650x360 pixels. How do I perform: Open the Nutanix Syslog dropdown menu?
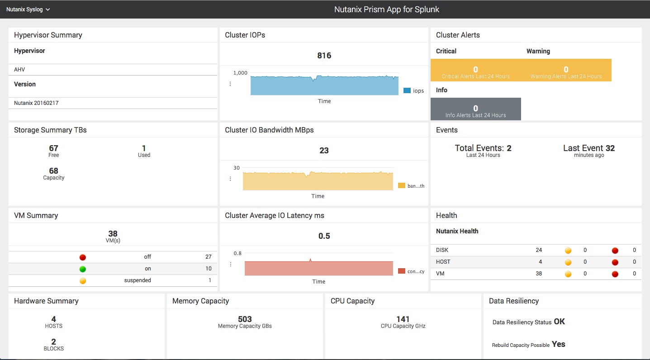(x=28, y=9)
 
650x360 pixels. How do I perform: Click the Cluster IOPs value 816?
(x=324, y=56)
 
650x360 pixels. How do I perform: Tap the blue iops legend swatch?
(x=407, y=90)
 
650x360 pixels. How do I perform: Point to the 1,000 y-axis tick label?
(x=240, y=73)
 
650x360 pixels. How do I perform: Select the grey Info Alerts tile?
(x=475, y=109)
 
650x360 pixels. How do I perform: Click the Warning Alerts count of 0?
(x=566, y=69)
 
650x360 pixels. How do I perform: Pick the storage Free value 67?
(x=53, y=148)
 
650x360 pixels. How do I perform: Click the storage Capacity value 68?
(x=53, y=171)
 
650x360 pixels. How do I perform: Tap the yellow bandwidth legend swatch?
(x=401, y=185)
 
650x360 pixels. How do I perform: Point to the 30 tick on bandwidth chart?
(x=237, y=168)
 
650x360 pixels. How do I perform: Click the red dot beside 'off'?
(x=83, y=257)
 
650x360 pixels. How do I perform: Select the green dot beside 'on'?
(x=83, y=269)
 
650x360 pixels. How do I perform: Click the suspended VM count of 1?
(x=210, y=280)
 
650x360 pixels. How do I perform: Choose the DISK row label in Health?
(x=442, y=250)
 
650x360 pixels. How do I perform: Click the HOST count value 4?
(x=541, y=262)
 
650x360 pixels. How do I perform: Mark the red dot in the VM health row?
(x=615, y=274)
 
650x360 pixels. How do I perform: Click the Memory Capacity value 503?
(x=245, y=319)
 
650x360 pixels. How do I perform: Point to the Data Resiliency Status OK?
(x=559, y=322)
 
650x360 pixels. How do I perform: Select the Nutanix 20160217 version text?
(x=36, y=103)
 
